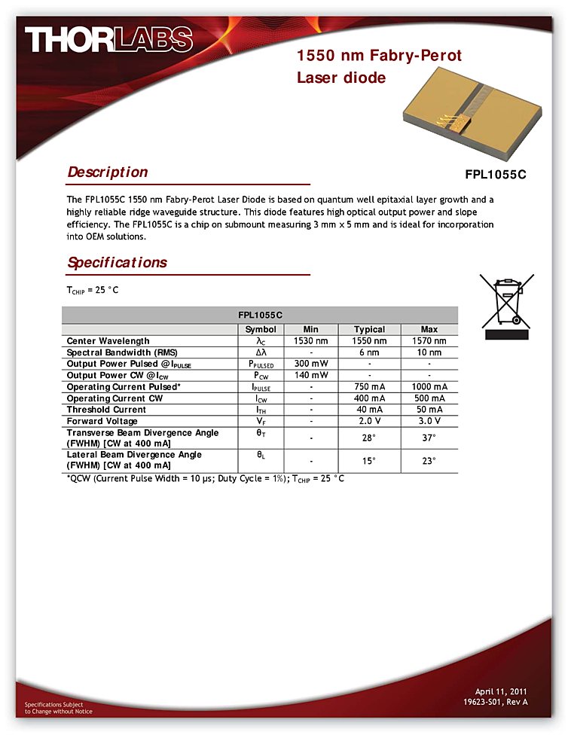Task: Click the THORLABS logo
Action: coord(108,40)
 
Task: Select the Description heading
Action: coord(108,172)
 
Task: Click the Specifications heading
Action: coord(117,263)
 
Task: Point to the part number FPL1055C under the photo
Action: coord(495,175)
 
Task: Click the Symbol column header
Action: coord(261,329)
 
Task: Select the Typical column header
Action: coord(369,329)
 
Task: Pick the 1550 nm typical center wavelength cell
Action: coord(369,341)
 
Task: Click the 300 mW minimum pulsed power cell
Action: coord(311,364)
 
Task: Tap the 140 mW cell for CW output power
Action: coord(311,375)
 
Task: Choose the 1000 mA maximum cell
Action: coord(429,387)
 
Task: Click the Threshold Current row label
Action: coord(106,410)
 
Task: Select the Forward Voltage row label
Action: coord(102,421)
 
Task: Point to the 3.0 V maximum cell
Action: coord(429,421)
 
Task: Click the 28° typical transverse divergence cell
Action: coord(369,438)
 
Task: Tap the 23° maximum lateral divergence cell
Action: coord(429,461)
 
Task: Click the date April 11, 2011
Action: coord(501,691)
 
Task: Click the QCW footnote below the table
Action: coord(206,479)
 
